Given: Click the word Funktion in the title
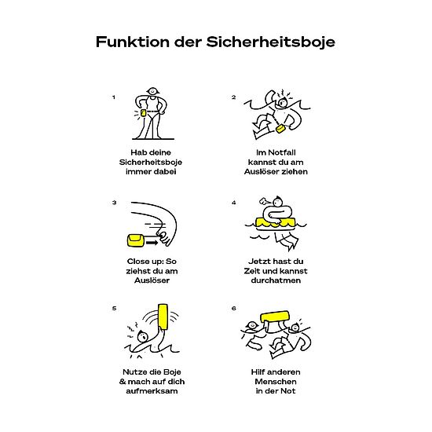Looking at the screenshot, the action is click(133, 42).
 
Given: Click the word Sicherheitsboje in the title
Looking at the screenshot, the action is click(270, 42).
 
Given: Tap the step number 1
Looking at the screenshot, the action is click(114, 97).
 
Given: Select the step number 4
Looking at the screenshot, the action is click(234, 203).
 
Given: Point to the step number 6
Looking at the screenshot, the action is click(234, 309).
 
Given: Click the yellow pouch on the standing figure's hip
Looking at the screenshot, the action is click(144, 113).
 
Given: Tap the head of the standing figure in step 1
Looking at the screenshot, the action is click(152, 91).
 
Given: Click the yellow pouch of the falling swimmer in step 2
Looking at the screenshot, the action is click(280, 129).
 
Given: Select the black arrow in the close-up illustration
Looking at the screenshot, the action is click(152, 243).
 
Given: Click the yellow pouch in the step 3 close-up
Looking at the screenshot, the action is click(135, 240).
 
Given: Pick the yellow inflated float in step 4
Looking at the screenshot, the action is click(276, 222).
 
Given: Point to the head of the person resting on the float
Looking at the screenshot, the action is click(277, 202).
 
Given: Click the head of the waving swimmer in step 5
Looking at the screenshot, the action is click(143, 336).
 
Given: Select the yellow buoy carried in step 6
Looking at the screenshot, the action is click(275, 317).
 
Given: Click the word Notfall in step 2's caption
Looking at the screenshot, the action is click(282, 152).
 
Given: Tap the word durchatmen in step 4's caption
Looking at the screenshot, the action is click(276, 280).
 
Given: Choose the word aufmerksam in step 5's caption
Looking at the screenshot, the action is click(152, 391).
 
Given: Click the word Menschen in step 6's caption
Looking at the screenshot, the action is click(276, 382).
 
